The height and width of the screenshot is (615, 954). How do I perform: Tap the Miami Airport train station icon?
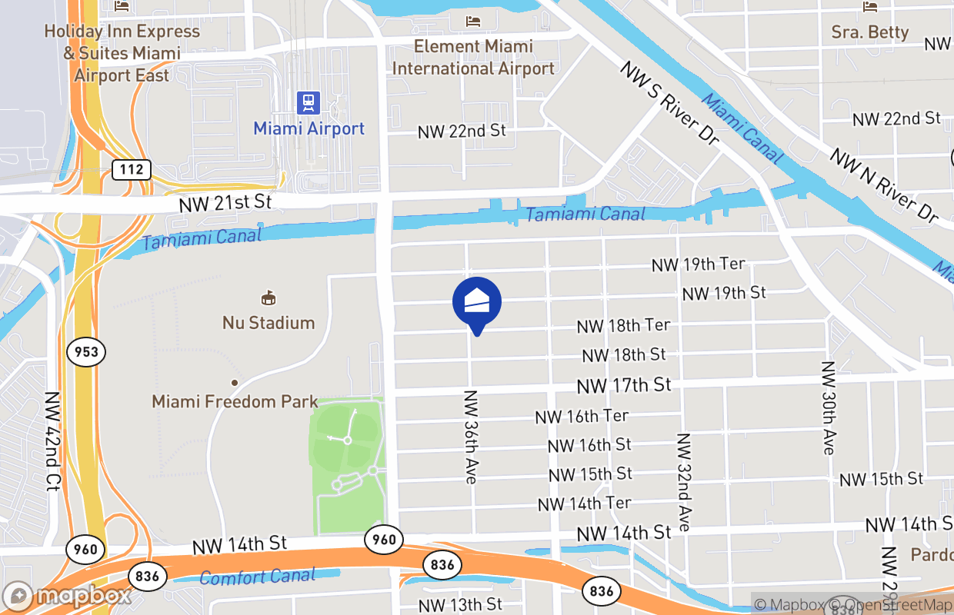click(x=309, y=102)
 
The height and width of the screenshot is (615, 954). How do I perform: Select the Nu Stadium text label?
click(x=269, y=322)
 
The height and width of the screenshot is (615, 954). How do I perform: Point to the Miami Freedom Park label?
click(x=235, y=401)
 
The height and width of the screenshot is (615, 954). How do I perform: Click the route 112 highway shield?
click(x=132, y=169)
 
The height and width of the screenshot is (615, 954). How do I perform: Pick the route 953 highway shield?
click(x=86, y=352)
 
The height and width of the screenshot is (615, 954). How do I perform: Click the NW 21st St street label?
click(x=226, y=204)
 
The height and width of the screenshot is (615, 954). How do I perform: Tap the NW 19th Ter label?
click(x=698, y=264)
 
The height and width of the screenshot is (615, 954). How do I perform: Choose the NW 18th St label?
click(x=624, y=355)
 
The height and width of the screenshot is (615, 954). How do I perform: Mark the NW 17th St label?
click(x=624, y=384)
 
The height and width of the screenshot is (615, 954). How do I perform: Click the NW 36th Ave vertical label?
click(x=471, y=437)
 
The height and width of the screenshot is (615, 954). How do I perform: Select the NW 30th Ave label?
click(x=828, y=407)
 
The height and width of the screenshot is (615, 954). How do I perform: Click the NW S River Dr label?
click(x=669, y=104)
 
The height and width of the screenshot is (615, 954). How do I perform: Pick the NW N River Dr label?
click(x=884, y=184)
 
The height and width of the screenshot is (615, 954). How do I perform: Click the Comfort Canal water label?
click(x=257, y=577)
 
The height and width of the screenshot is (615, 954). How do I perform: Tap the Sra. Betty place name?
click(x=870, y=32)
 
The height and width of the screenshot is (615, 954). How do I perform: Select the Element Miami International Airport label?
click(x=473, y=57)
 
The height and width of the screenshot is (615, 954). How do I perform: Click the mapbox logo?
click(x=68, y=597)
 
